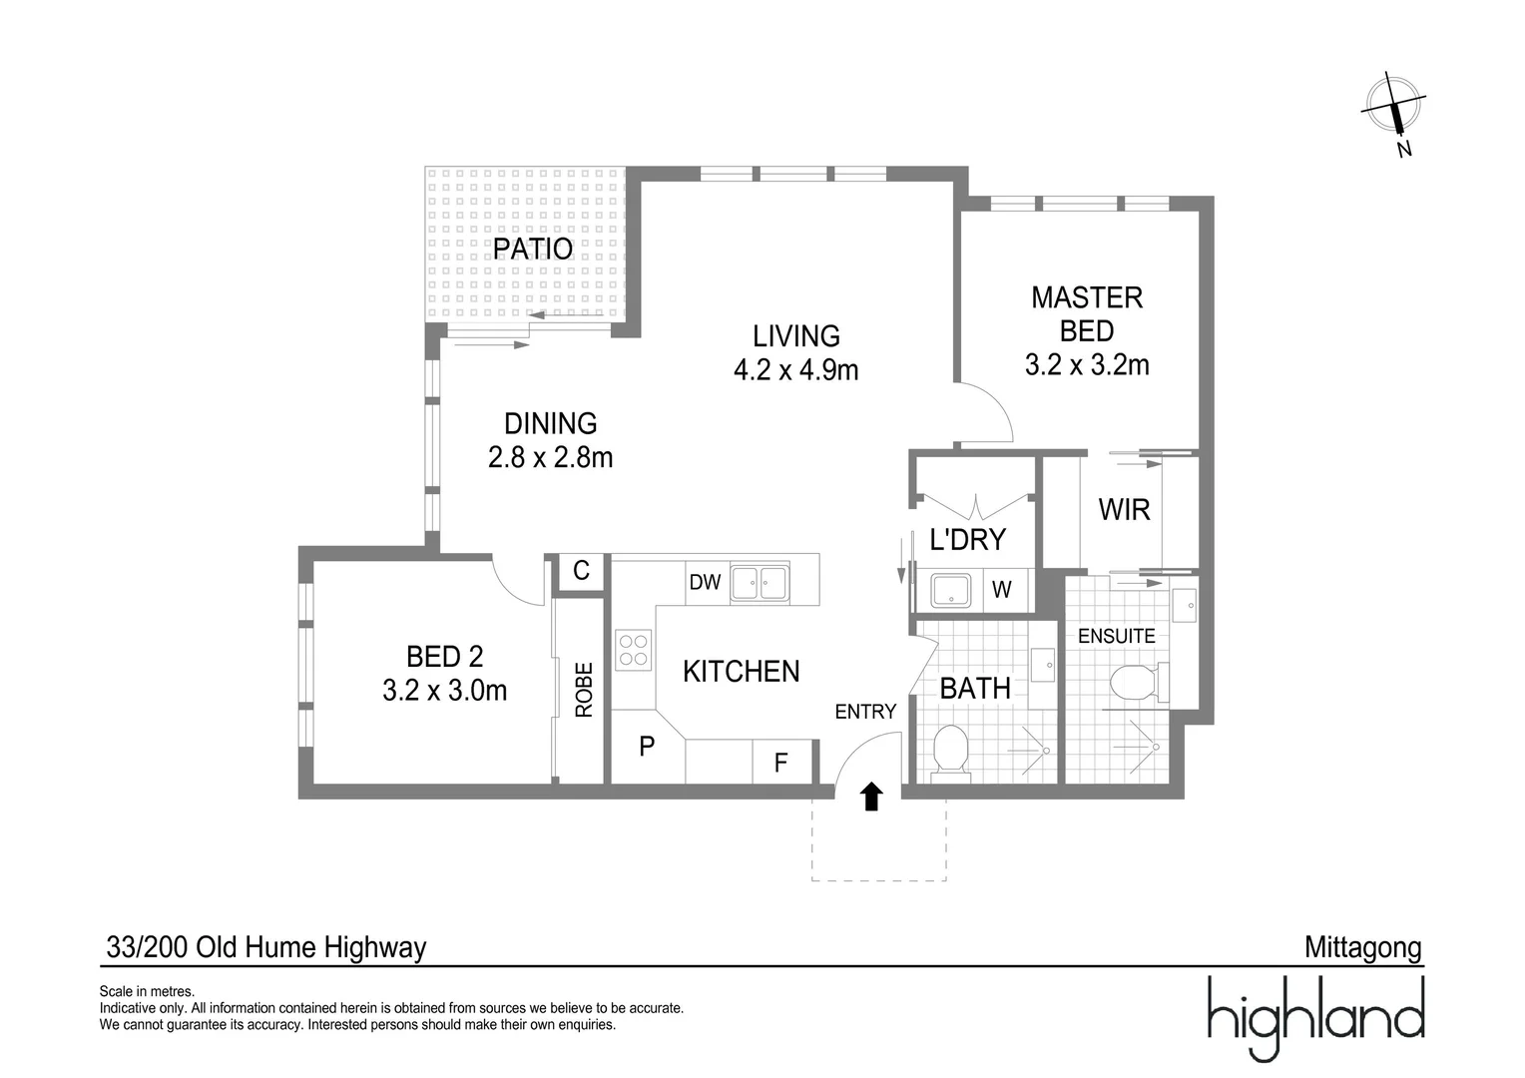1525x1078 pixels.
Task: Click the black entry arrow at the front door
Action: coord(871,796)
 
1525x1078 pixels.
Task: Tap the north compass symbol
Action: coord(1394,108)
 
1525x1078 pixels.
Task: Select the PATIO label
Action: coord(533,249)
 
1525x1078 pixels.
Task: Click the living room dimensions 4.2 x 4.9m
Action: coord(795,370)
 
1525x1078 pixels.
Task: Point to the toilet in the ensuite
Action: coord(1133,683)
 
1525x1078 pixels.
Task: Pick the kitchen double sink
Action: coord(760,583)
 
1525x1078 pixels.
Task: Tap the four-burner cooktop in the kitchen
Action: coord(633,649)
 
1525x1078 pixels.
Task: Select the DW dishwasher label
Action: coord(705,582)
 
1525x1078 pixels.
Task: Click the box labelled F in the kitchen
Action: coord(781,764)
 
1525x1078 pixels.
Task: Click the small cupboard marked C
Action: coord(581,571)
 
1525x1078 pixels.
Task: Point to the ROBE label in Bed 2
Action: coord(584,690)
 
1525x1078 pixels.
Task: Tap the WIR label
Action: coord(1124,510)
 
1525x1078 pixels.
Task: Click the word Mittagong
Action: coord(1362,947)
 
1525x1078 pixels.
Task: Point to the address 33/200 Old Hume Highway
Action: coord(266,947)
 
